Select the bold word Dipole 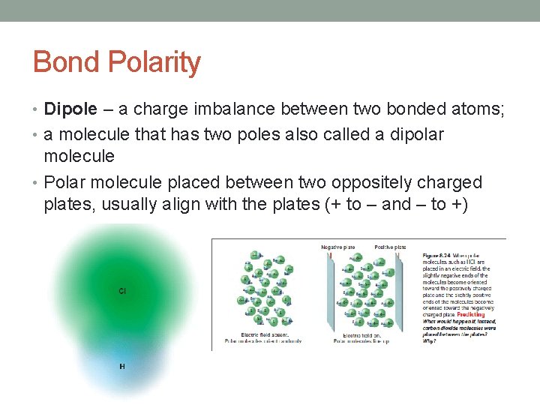[70, 109]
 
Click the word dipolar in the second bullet [412, 134]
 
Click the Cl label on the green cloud [122, 290]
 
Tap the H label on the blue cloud [122, 366]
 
